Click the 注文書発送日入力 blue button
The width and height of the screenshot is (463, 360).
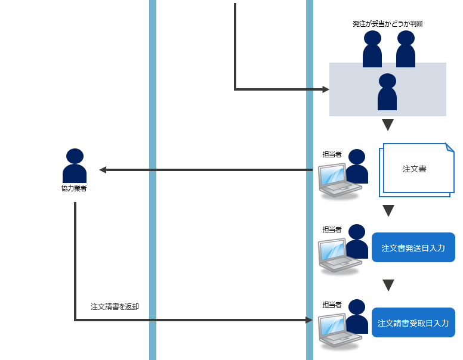pyautogui.click(x=413, y=247)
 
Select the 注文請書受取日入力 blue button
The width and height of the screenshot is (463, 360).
pyautogui.click(x=413, y=323)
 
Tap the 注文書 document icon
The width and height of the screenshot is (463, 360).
pyautogui.click(x=416, y=169)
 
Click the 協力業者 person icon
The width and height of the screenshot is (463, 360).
pyautogui.click(x=75, y=165)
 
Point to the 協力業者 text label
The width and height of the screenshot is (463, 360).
pyautogui.click(x=75, y=189)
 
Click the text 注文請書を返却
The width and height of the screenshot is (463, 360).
pyautogui.click(x=115, y=306)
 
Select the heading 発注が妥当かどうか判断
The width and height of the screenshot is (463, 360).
pyautogui.click(x=388, y=24)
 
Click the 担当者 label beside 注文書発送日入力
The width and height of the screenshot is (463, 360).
pyautogui.click(x=332, y=229)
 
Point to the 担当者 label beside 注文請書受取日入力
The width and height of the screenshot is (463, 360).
pyautogui.click(x=332, y=305)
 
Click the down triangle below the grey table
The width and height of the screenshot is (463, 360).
pyautogui.click(x=388, y=125)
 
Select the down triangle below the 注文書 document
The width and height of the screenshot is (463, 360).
pyautogui.click(x=388, y=210)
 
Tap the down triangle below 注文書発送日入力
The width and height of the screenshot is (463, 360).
pyautogui.click(x=388, y=285)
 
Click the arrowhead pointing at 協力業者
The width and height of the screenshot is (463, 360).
pyautogui.click(x=103, y=170)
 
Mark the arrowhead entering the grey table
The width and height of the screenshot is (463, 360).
pyautogui.click(x=326, y=89)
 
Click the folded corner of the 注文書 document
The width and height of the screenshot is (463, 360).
pyautogui.click(x=449, y=147)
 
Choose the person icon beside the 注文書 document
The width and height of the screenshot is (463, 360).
pyautogui.click(x=357, y=166)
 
